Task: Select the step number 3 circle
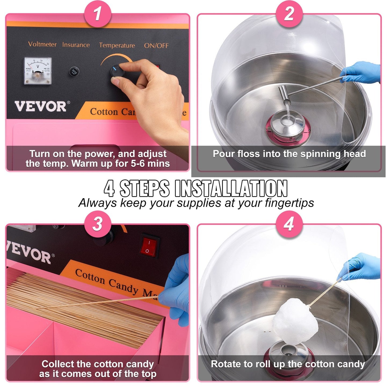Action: click(98, 224)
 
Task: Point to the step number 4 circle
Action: click(289, 224)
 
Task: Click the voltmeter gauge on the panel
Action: click(38, 71)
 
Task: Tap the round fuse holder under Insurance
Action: click(74, 72)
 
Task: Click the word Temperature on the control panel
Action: click(117, 45)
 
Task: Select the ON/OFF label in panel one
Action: click(156, 46)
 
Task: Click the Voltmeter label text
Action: click(42, 44)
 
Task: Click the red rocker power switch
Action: click(149, 246)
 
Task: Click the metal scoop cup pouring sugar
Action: click(284, 95)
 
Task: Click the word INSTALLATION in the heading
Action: click(231, 188)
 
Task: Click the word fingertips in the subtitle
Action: click(289, 203)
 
